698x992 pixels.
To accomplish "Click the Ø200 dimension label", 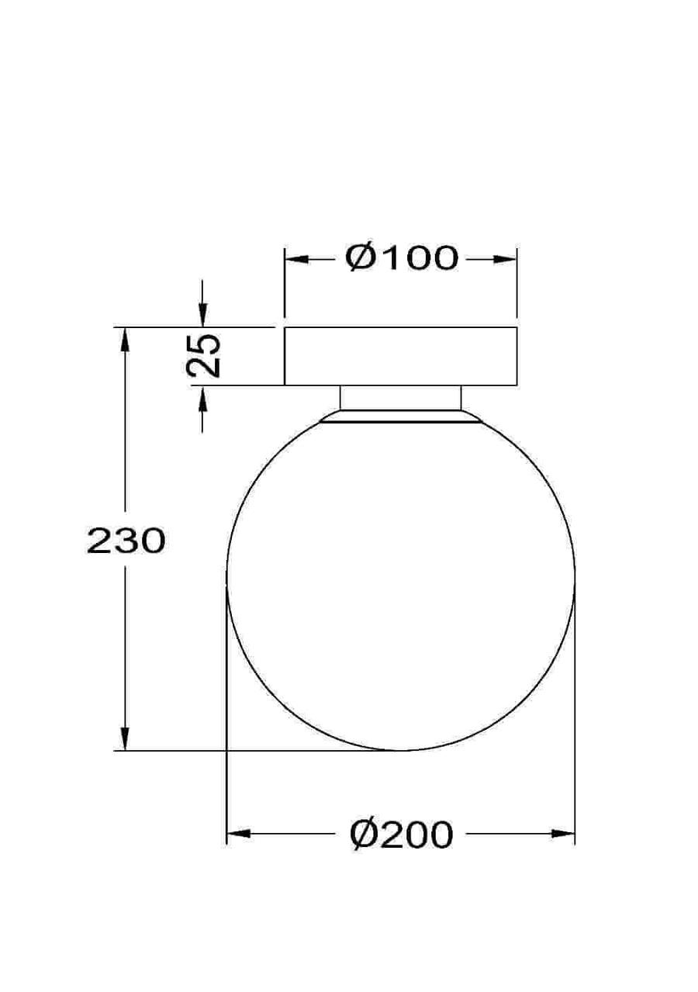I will tap(401, 835).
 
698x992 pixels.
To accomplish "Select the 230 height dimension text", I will tap(126, 541).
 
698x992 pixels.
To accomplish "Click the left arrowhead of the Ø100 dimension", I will tap(295, 259).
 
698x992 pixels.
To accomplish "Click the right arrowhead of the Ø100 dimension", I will tap(506, 259).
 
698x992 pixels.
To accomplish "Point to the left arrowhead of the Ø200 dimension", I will tap(237, 835).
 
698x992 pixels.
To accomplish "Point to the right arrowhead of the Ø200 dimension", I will tap(564, 835).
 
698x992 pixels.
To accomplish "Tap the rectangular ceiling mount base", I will tap(400, 357).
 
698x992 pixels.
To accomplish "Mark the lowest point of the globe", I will tap(400, 750).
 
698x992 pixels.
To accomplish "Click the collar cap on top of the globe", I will tap(400, 417).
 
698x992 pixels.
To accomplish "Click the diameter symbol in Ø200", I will tap(363, 835).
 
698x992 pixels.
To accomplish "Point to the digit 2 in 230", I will tap(98, 541).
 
